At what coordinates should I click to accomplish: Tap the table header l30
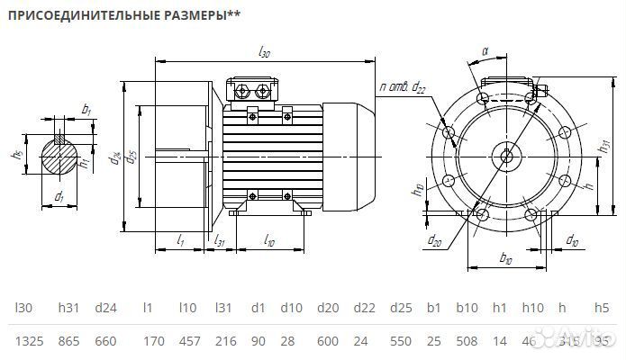24,308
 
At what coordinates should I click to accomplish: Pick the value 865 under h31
68,341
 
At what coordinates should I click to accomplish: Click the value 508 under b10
467,341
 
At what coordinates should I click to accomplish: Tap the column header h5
603,308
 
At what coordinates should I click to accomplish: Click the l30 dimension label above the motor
264,53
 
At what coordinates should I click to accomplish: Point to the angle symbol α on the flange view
485,51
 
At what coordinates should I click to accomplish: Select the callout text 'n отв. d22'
403,87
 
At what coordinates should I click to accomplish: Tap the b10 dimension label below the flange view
505,259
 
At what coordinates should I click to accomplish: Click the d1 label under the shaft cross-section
59,195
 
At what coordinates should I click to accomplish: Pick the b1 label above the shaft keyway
86,109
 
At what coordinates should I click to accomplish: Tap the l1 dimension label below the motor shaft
180,239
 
